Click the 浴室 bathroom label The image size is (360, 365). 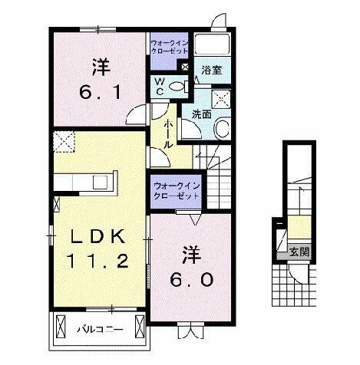tap(212, 69)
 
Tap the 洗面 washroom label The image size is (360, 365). tap(202, 113)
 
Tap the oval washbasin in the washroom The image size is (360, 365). tap(223, 127)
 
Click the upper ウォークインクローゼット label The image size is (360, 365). tap(168, 47)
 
